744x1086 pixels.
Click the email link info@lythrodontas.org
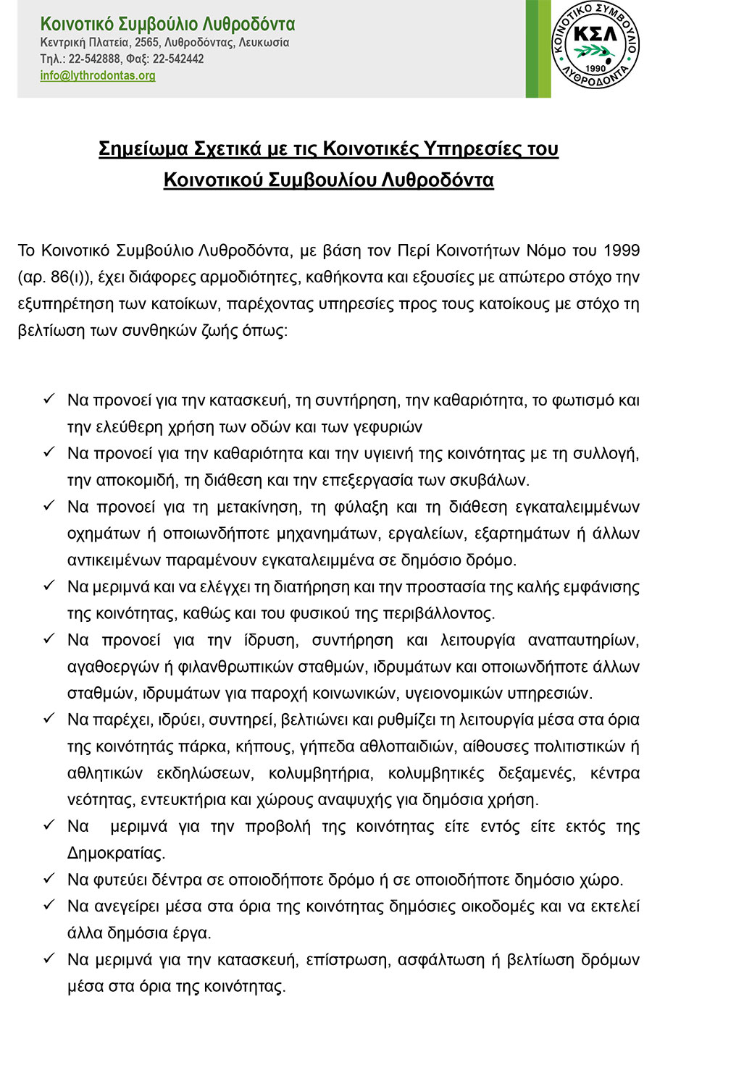[x=98, y=76]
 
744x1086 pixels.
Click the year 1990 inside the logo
[x=595, y=69]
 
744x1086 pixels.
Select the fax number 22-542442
[x=178, y=59]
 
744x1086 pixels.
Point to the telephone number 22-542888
[x=95, y=59]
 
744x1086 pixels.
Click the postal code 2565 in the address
[x=147, y=43]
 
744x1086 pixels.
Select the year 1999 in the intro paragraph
[x=622, y=251]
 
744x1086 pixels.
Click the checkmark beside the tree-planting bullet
[x=49, y=879]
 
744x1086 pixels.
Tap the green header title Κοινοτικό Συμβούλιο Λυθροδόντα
[x=167, y=25]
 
